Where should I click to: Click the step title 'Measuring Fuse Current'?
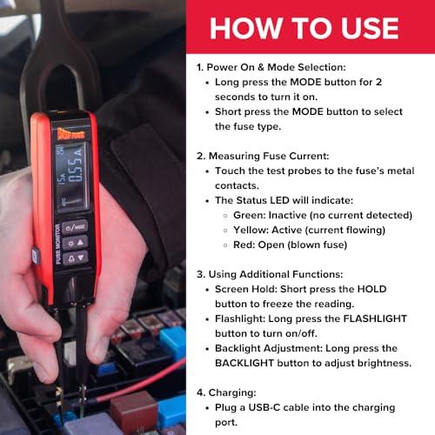click(x=272, y=155)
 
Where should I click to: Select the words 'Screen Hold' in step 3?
click(x=251, y=289)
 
